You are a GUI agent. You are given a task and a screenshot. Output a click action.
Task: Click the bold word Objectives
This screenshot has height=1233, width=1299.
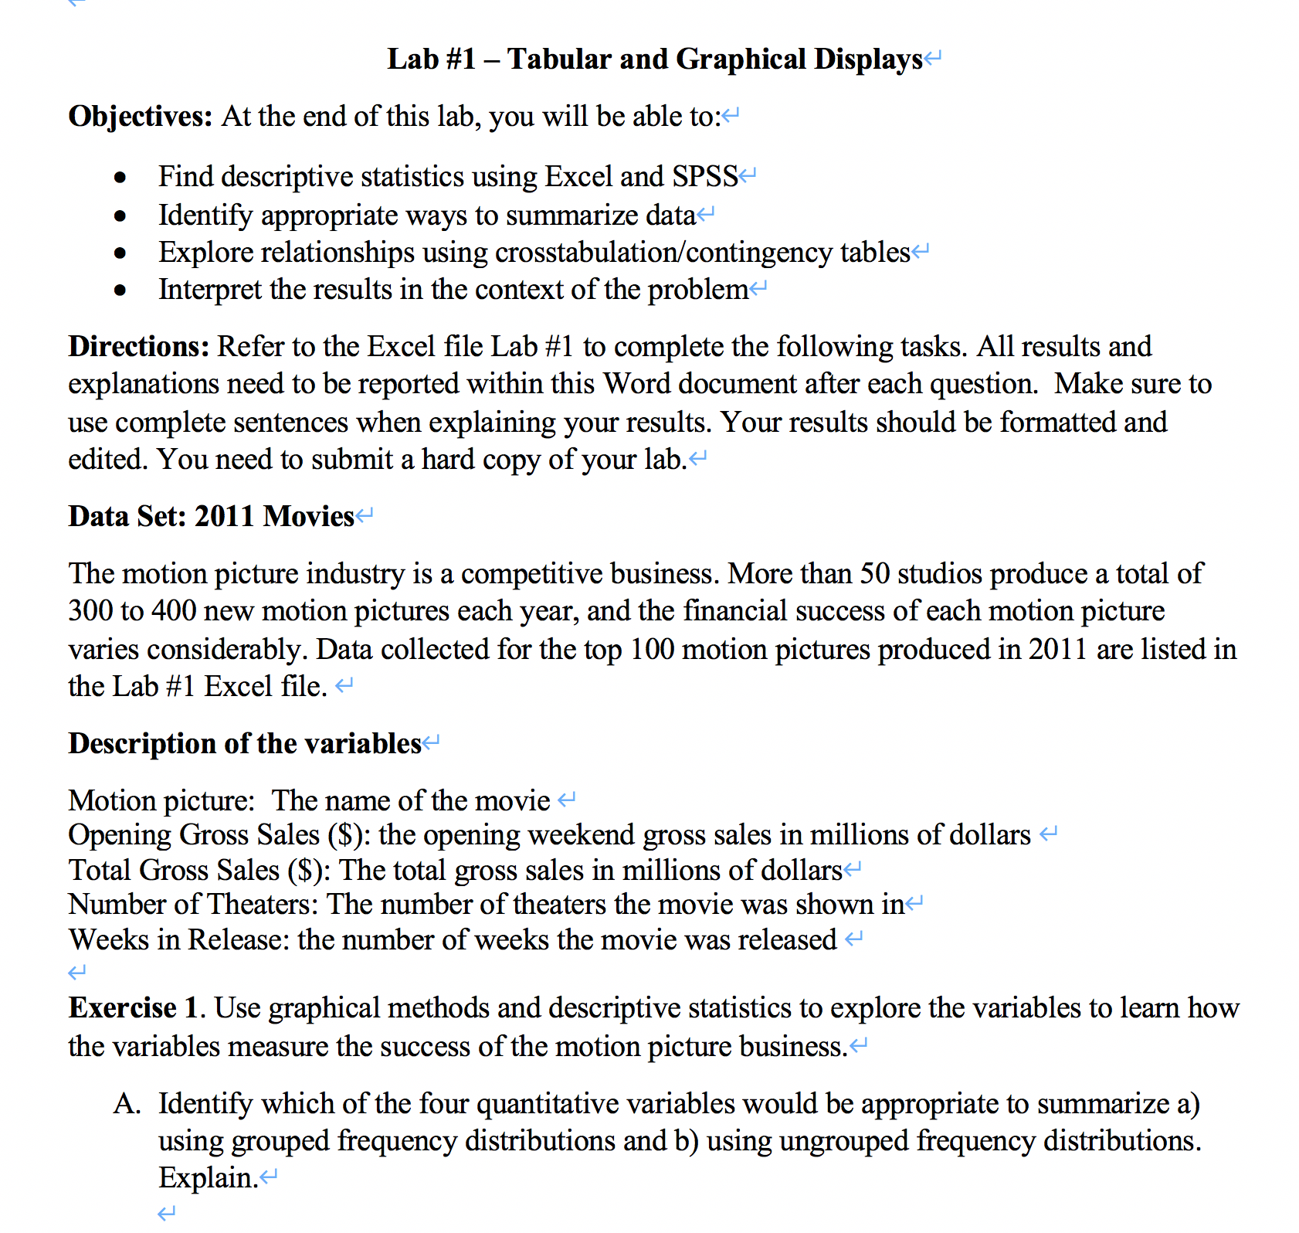click(140, 117)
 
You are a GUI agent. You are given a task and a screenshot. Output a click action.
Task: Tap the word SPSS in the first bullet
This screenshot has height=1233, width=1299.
click(704, 177)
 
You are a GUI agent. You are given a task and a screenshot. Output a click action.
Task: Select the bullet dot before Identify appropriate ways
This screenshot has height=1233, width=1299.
click(120, 216)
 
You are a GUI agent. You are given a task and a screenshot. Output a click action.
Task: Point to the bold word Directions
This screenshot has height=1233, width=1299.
click(138, 347)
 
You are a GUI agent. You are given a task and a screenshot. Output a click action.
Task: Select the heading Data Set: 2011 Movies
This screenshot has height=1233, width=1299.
click(211, 516)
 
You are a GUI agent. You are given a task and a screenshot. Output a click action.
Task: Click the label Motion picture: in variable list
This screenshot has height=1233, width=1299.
click(161, 801)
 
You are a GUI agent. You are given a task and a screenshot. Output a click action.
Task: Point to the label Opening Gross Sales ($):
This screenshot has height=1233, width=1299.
click(219, 835)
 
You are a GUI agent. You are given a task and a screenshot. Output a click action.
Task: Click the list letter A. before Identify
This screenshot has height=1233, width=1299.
click(127, 1104)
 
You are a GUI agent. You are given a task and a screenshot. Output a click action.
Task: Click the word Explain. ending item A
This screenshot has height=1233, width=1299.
click(207, 1178)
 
